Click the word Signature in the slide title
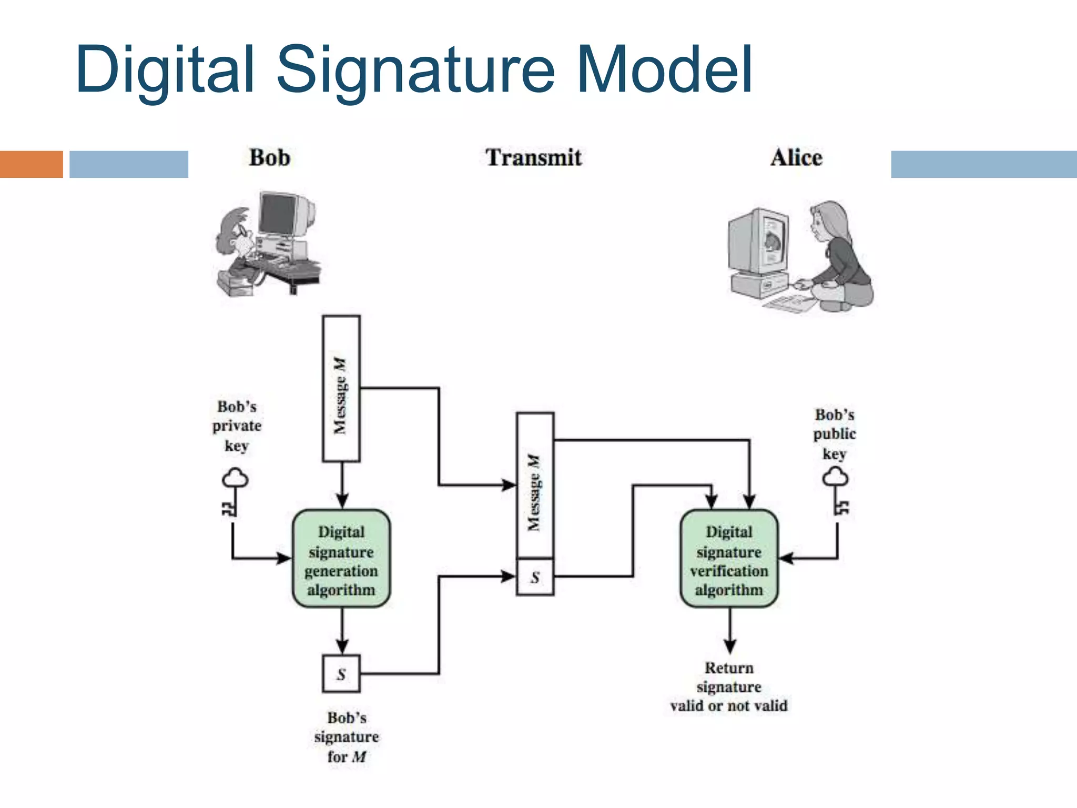(415, 71)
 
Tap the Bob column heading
(269, 158)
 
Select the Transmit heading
(533, 158)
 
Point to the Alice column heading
(796, 158)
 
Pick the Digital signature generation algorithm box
(341, 559)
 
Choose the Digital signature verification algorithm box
(729, 559)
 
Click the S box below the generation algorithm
(341, 674)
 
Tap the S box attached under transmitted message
(535, 577)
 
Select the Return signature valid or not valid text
(729, 687)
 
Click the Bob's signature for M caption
(346, 737)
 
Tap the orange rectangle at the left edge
(31, 164)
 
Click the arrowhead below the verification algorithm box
(729, 646)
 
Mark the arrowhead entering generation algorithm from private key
(285, 558)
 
